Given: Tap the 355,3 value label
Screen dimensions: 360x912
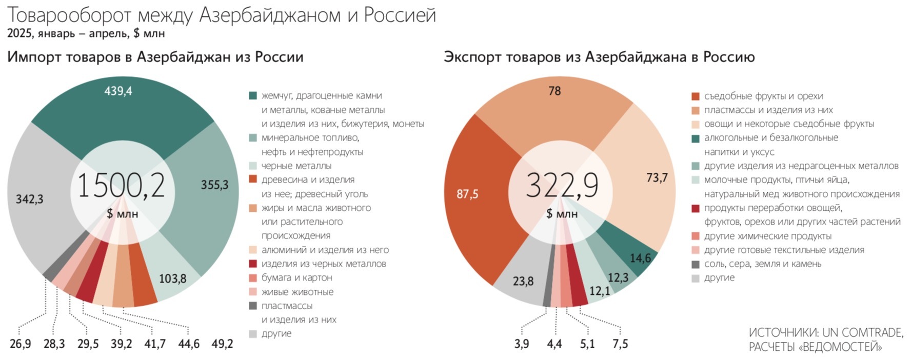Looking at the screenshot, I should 214,185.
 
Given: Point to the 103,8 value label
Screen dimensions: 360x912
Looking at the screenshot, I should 172,279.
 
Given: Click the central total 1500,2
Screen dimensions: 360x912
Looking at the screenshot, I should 122,185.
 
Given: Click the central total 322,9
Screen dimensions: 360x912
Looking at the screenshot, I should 562,185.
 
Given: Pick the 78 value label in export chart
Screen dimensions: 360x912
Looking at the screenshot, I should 554,91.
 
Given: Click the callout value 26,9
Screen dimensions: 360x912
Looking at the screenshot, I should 20,344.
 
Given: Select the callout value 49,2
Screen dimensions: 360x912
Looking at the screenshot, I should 222,344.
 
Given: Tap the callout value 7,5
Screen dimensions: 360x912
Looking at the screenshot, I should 620,344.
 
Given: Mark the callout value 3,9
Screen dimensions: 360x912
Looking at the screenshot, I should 522,344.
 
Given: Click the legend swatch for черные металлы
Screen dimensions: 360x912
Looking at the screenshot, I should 253,166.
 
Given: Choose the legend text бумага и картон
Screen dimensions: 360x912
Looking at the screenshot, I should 296,277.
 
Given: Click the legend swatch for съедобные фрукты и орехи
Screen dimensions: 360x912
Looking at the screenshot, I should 696,96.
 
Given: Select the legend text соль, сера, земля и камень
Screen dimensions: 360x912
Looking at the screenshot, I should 762,264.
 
